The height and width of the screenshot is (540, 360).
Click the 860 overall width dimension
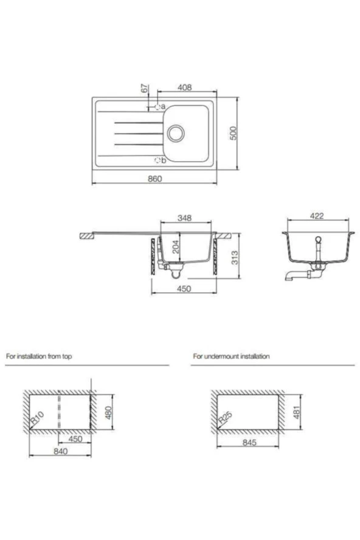coord(154,178)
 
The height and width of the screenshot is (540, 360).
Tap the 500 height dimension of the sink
coord(234,133)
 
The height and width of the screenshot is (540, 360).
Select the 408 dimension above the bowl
coord(185,88)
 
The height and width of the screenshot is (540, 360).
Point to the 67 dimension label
coord(145,88)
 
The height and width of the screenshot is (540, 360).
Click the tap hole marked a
coord(157,107)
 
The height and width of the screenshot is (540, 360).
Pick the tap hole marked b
coord(157,161)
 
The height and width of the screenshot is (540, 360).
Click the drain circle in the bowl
coord(176,133)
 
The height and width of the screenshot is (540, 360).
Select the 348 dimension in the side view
coord(185,218)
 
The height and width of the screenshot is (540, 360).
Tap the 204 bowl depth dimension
coord(176,247)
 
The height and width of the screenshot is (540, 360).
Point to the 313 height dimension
coord(235,258)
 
